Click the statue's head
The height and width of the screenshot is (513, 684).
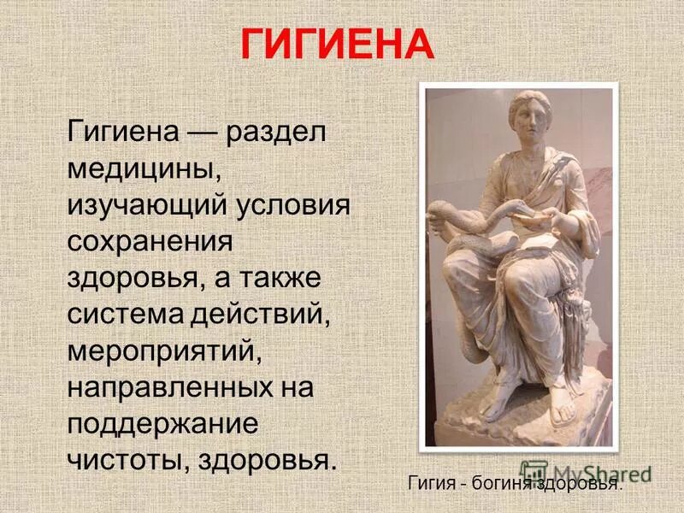pos(527,120)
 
